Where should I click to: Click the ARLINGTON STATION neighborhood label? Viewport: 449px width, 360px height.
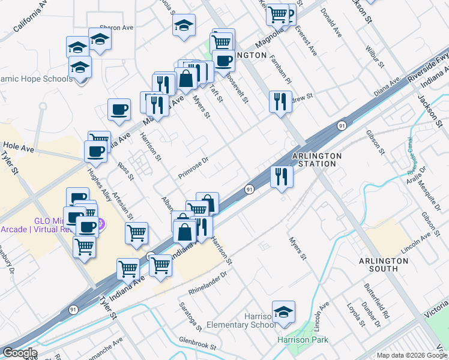point(317,160)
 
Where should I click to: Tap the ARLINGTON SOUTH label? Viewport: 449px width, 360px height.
point(384,265)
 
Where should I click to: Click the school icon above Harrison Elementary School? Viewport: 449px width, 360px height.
point(283,313)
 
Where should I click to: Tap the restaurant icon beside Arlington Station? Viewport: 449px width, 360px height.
point(282,177)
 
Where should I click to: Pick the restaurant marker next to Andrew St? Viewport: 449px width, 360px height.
point(280,102)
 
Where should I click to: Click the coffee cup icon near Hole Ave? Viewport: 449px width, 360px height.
point(95,152)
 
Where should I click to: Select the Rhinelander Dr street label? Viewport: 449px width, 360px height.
point(208,283)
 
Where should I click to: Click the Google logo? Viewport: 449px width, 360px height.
point(20,353)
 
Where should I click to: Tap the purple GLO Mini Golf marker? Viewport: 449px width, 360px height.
point(101,224)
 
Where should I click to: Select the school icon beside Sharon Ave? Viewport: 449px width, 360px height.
point(100,40)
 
